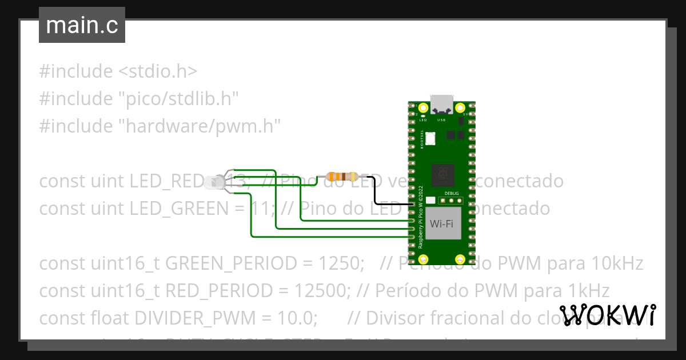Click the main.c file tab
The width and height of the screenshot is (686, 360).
(82, 26)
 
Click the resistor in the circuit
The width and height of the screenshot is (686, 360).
(341, 177)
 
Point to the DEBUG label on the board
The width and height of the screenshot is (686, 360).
(451, 193)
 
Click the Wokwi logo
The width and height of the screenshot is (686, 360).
(607, 315)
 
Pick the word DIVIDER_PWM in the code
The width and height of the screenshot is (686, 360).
(219, 317)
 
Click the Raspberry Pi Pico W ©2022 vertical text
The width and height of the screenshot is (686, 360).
(421, 217)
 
